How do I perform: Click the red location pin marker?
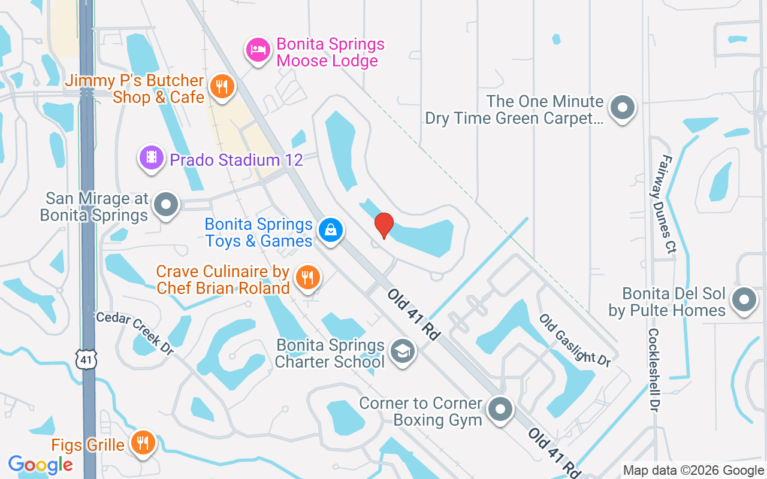[x=383, y=225]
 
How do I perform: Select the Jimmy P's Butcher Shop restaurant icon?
[x=222, y=87]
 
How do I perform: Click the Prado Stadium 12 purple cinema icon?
[x=152, y=158]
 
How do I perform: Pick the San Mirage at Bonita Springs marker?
[x=166, y=205]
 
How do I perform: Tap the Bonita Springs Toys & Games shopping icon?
[x=330, y=229]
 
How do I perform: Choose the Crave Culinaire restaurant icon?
[x=307, y=277]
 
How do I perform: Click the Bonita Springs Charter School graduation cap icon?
[x=403, y=351]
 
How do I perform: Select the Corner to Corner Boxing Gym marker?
[x=500, y=410]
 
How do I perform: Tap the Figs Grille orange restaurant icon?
[x=143, y=443]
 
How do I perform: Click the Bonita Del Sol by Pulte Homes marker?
[x=744, y=300]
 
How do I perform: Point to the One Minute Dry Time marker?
[x=622, y=108]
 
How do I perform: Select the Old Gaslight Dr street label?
[x=575, y=340]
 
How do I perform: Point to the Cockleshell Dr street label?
[x=653, y=369]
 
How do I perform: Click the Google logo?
[x=41, y=464]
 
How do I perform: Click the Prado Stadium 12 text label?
[x=236, y=160]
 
